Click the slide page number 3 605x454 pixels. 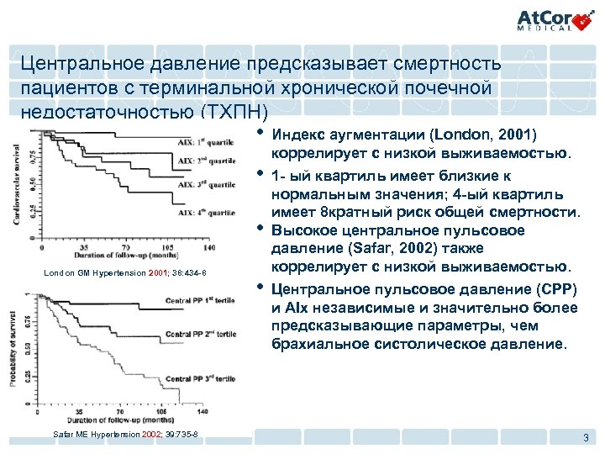[585, 436]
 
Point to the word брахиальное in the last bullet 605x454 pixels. [318, 346]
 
